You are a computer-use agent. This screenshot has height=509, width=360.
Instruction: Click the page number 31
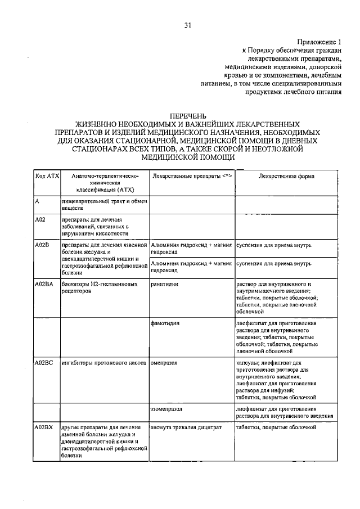(x=187, y=25)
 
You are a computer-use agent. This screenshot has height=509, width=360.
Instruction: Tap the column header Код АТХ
(x=47, y=177)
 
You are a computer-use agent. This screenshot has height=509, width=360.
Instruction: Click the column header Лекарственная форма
(x=286, y=177)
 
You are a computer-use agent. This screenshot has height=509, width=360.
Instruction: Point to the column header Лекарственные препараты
(x=192, y=177)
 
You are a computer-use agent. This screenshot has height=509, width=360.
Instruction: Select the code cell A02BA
(x=44, y=285)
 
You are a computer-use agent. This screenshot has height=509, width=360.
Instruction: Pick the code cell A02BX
(x=44, y=427)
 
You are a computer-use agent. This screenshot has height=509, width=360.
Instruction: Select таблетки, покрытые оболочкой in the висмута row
(x=276, y=427)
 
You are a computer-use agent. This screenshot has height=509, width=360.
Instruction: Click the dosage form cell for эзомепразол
(x=285, y=412)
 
